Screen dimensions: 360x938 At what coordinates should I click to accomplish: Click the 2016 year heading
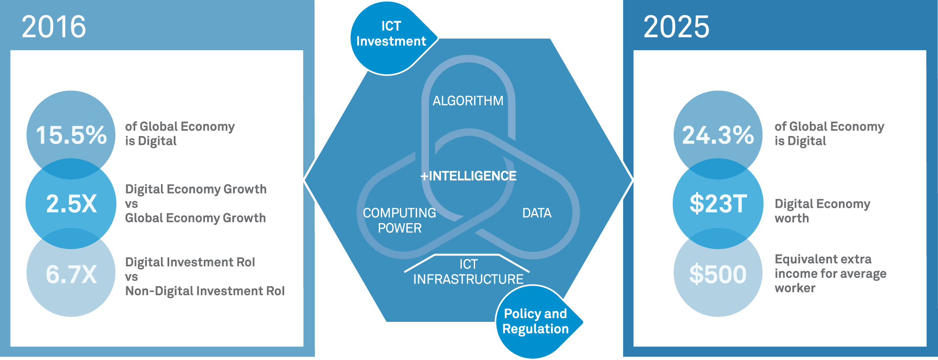tap(54, 27)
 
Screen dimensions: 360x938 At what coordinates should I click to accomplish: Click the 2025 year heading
tap(676, 27)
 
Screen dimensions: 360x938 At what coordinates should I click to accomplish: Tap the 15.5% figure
tap(71, 135)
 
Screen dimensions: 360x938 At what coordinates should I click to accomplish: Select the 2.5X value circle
tap(71, 204)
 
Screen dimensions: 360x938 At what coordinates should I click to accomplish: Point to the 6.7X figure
tap(71, 274)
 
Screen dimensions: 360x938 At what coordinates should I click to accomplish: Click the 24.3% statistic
tap(718, 135)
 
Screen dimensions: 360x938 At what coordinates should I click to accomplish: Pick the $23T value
tap(718, 204)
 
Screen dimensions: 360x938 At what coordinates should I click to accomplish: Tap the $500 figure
tap(718, 274)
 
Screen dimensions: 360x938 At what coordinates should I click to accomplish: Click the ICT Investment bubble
tap(391, 34)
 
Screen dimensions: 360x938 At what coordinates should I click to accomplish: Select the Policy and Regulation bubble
tap(535, 321)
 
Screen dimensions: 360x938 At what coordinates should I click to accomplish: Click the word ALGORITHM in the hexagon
tap(468, 101)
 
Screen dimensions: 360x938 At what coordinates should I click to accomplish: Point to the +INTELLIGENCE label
tap(468, 176)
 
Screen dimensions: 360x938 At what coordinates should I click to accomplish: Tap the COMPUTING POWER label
tap(399, 220)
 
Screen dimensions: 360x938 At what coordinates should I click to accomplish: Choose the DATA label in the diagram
tap(537, 213)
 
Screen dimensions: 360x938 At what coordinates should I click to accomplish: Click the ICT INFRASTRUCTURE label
tap(468, 272)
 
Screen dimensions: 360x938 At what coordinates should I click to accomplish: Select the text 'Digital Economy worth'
tap(822, 211)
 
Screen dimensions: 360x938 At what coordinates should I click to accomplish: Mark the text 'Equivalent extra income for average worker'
tap(830, 273)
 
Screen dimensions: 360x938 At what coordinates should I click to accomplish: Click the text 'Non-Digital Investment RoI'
tap(205, 291)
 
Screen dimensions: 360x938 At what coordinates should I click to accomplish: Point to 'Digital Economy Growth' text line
tap(196, 189)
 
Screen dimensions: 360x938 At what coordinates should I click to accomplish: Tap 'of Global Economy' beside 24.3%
tap(829, 126)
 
